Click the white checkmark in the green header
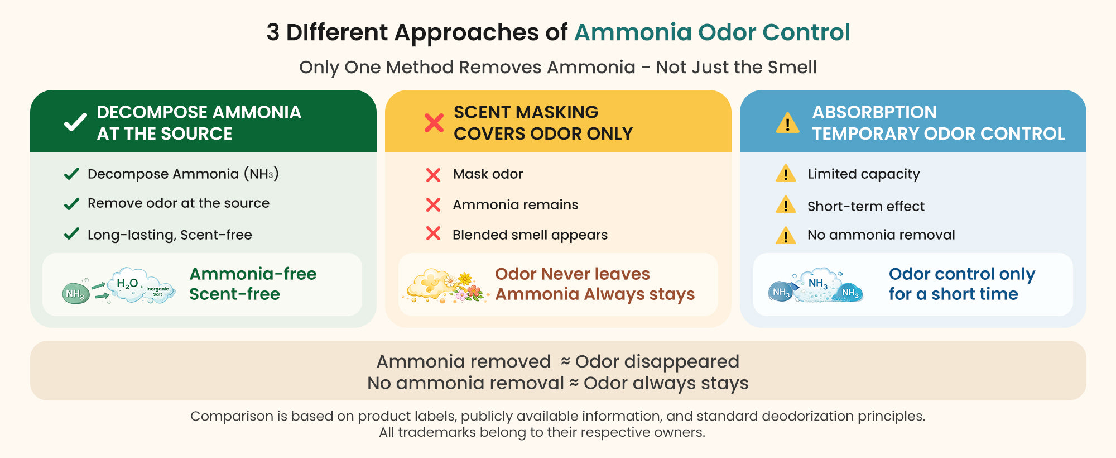pos(75,122)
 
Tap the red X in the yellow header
pos(434,123)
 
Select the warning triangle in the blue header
pos(787,123)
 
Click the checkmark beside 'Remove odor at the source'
pos(71,204)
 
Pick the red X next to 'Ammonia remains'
pos(433,205)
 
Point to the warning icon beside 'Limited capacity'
pos(786,173)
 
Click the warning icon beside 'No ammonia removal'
pos(786,235)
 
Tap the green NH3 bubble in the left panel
pos(75,293)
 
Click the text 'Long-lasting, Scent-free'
pos(170,235)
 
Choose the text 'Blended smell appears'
pos(530,235)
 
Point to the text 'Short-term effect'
pos(866,206)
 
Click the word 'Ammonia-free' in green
pos(253,274)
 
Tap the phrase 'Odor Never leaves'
pos(573,274)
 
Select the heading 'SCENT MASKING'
pos(526,112)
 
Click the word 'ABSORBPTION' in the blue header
pos(874,112)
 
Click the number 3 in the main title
pos(273,32)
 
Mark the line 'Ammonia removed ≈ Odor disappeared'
pos(558,362)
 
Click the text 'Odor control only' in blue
pos(962,274)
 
